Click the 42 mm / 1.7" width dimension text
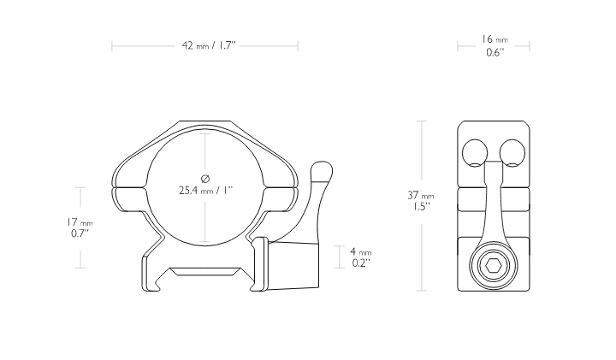pyautogui.click(x=209, y=45)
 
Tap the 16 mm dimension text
pyautogui.click(x=495, y=39)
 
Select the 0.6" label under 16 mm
pyautogui.click(x=495, y=52)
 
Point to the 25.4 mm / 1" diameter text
pyautogui.click(x=205, y=191)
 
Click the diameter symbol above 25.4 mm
pyautogui.click(x=205, y=179)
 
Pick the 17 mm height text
pyautogui.click(x=80, y=222)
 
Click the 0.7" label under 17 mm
pyautogui.click(x=80, y=233)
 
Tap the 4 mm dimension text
pyautogui.click(x=361, y=251)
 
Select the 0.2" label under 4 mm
pyautogui.click(x=361, y=263)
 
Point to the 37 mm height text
pyautogui.click(x=421, y=195)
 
